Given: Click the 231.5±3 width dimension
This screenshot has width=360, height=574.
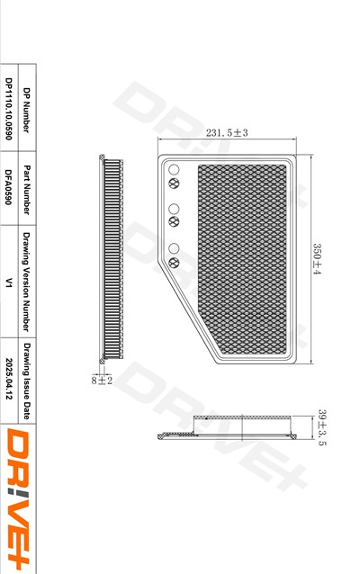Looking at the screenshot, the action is pos(227,132).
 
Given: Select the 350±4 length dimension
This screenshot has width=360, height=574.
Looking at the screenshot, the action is pos(317,259).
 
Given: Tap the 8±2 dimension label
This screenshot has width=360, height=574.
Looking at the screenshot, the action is pos(102,381).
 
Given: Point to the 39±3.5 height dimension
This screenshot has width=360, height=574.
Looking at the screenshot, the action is pos(322,427).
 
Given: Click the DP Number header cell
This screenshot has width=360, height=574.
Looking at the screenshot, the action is pos(26,110).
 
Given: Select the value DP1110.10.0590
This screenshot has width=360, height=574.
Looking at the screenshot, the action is pos(9,109).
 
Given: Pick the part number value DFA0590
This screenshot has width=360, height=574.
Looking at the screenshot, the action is pos(9,187).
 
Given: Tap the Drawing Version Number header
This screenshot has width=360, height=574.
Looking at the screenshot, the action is pos(26,282).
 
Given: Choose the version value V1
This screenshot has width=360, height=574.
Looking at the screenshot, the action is pos(9,283).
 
